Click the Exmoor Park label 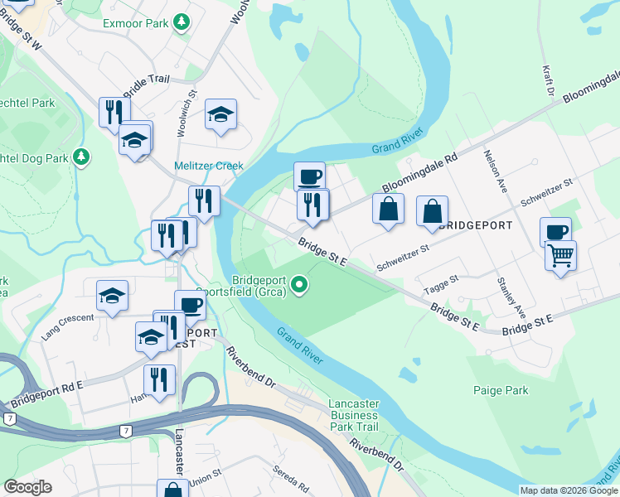136,23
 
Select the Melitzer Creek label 209,166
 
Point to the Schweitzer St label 402,257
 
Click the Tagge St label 440,285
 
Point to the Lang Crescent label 68,328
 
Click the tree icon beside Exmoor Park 180,23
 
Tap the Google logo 27,487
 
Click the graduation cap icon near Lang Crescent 112,296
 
